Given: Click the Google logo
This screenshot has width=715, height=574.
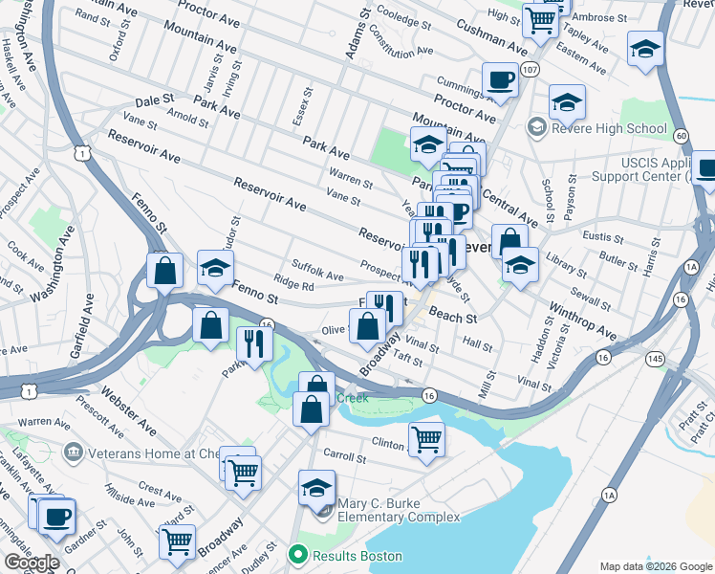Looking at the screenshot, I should pyautogui.click(x=32, y=563).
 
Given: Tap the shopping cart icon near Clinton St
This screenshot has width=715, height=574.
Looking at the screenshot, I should pyautogui.click(x=426, y=440).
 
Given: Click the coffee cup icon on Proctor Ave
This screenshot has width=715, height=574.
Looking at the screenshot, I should pyautogui.click(x=500, y=79).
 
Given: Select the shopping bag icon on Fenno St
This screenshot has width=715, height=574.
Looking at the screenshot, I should pyautogui.click(x=165, y=270).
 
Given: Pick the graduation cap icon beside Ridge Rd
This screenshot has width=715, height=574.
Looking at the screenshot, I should pyautogui.click(x=215, y=268).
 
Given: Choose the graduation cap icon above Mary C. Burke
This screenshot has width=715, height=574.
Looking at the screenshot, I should pyautogui.click(x=316, y=488).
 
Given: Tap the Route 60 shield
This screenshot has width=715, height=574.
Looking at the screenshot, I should pyautogui.click(x=681, y=136).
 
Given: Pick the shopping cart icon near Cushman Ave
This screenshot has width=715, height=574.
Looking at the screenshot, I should pyautogui.click(x=541, y=18).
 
